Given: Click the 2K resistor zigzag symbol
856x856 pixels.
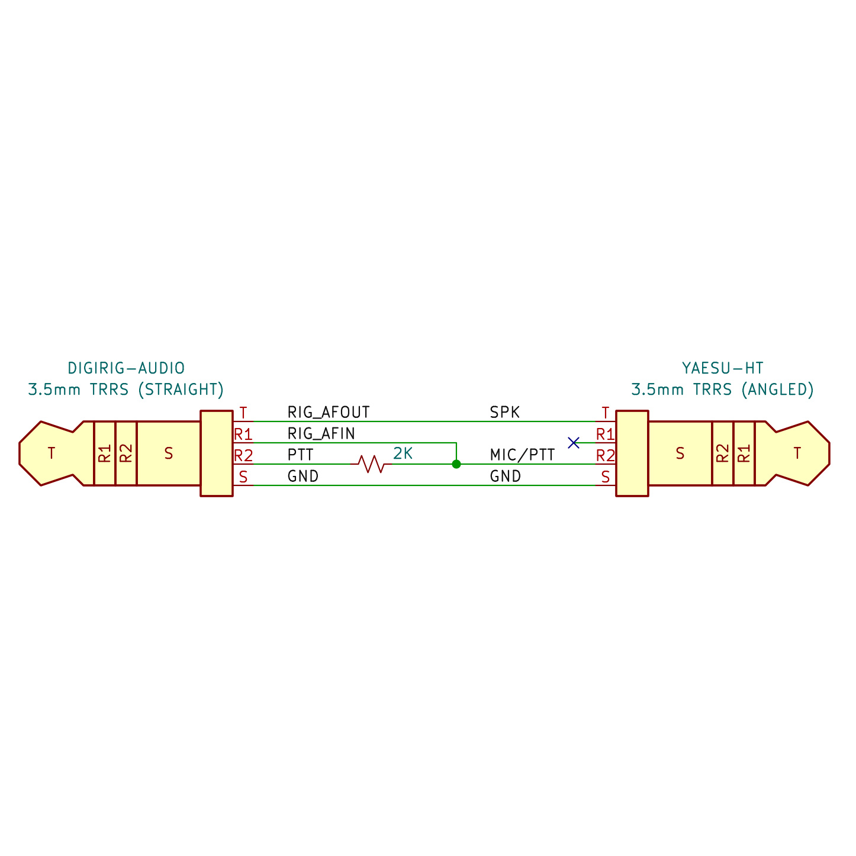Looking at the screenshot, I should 371,464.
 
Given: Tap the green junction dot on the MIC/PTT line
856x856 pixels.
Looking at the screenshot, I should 456,464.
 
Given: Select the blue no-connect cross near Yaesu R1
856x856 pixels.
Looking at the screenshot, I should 573,442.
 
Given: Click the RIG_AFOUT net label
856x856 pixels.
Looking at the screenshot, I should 328,412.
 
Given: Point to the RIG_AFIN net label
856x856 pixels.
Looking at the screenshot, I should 321,434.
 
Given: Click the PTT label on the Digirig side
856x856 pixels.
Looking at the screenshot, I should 300,455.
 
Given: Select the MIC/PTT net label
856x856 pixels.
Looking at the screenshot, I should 522,455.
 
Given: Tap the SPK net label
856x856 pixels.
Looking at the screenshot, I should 504,412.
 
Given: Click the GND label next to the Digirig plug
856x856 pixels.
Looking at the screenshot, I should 303,476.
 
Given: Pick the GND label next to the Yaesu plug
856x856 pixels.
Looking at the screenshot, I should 505,476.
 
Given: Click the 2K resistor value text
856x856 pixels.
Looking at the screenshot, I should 403,454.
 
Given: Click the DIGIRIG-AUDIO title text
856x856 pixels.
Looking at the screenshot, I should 126,368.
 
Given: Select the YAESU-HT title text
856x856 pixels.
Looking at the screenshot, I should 722,368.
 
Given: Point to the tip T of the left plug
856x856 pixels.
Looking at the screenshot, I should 52,453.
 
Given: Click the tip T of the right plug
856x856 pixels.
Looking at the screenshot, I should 797,453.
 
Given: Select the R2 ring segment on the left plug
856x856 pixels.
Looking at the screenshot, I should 126,453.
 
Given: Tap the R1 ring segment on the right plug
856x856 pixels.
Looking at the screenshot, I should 744,453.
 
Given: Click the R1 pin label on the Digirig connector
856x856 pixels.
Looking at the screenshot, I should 243,435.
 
